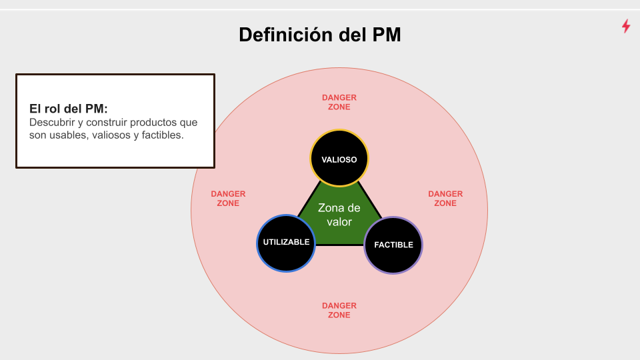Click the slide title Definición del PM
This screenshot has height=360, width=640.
click(320, 34)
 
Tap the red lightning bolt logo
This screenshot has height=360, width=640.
click(626, 26)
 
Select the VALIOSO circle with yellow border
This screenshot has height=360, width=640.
click(339, 159)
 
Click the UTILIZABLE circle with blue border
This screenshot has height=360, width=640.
click(286, 242)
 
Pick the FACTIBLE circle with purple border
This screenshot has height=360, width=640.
click(393, 245)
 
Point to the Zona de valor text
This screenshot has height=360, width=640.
click(339, 215)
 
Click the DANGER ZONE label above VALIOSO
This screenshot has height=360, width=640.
click(339, 102)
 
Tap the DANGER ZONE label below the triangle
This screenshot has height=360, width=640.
click(339, 310)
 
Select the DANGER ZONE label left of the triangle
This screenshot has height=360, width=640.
click(228, 199)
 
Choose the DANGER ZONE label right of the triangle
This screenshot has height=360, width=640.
click(445, 199)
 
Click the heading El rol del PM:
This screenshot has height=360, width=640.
click(69, 109)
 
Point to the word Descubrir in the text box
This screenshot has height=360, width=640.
click(51, 123)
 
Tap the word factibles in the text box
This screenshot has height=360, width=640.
click(159, 135)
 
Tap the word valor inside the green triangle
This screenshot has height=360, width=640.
click(339, 222)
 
